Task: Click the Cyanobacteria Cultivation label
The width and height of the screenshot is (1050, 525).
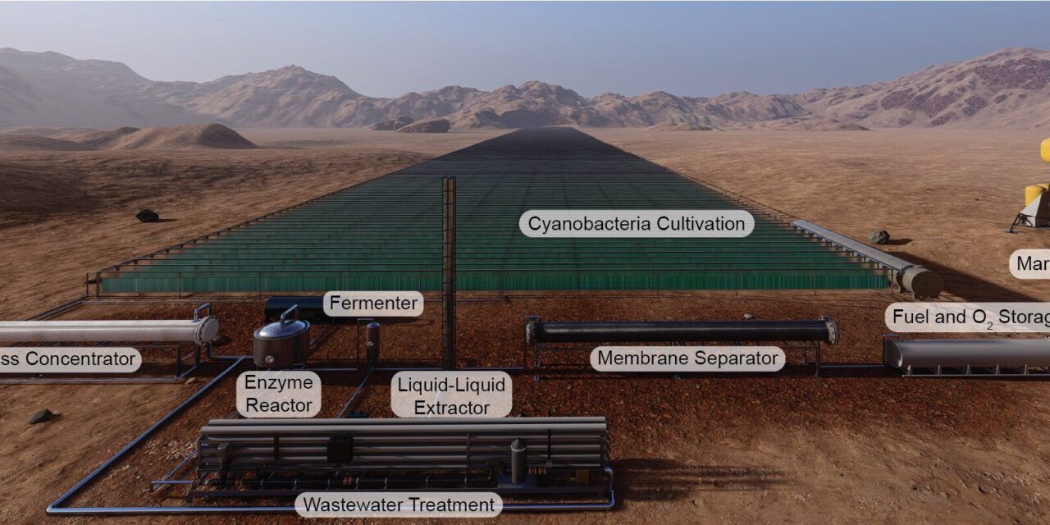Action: pyautogui.click(x=636, y=223)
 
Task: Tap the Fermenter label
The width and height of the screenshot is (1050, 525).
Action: pyautogui.click(x=373, y=304)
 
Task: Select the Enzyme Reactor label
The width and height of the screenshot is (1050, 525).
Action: pyautogui.click(x=278, y=394)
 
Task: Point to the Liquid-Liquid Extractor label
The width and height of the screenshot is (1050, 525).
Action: pyautogui.click(x=451, y=395)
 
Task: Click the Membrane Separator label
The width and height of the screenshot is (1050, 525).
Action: pyautogui.click(x=687, y=358)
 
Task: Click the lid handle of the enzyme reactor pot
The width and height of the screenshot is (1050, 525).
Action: pyautogui.click(x=288, y=314)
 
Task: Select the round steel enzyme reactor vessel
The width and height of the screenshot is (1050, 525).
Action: pyautogui.click(x=281, y=345)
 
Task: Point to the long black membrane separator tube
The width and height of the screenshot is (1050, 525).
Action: pyautogui.click(x=681, y=331)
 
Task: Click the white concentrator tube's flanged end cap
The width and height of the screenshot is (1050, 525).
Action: pyautogui.click(x=206, y=330)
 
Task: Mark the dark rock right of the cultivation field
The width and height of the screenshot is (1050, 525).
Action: pyautogui.click(x=878, y=237)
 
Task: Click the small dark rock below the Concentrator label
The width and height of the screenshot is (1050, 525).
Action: pyautogui.click(x=40, y=417)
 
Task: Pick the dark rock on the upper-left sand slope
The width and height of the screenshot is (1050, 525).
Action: pyautogui.click(x=147, y=216)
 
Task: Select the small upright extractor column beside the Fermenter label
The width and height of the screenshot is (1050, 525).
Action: pyautogui.click(x=372, y=338)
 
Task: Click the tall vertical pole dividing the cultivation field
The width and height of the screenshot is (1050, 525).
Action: pyautogui.click(x=449, y=271)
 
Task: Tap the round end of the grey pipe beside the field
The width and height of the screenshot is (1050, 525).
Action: pyautogui.click(x=920, y=281)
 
